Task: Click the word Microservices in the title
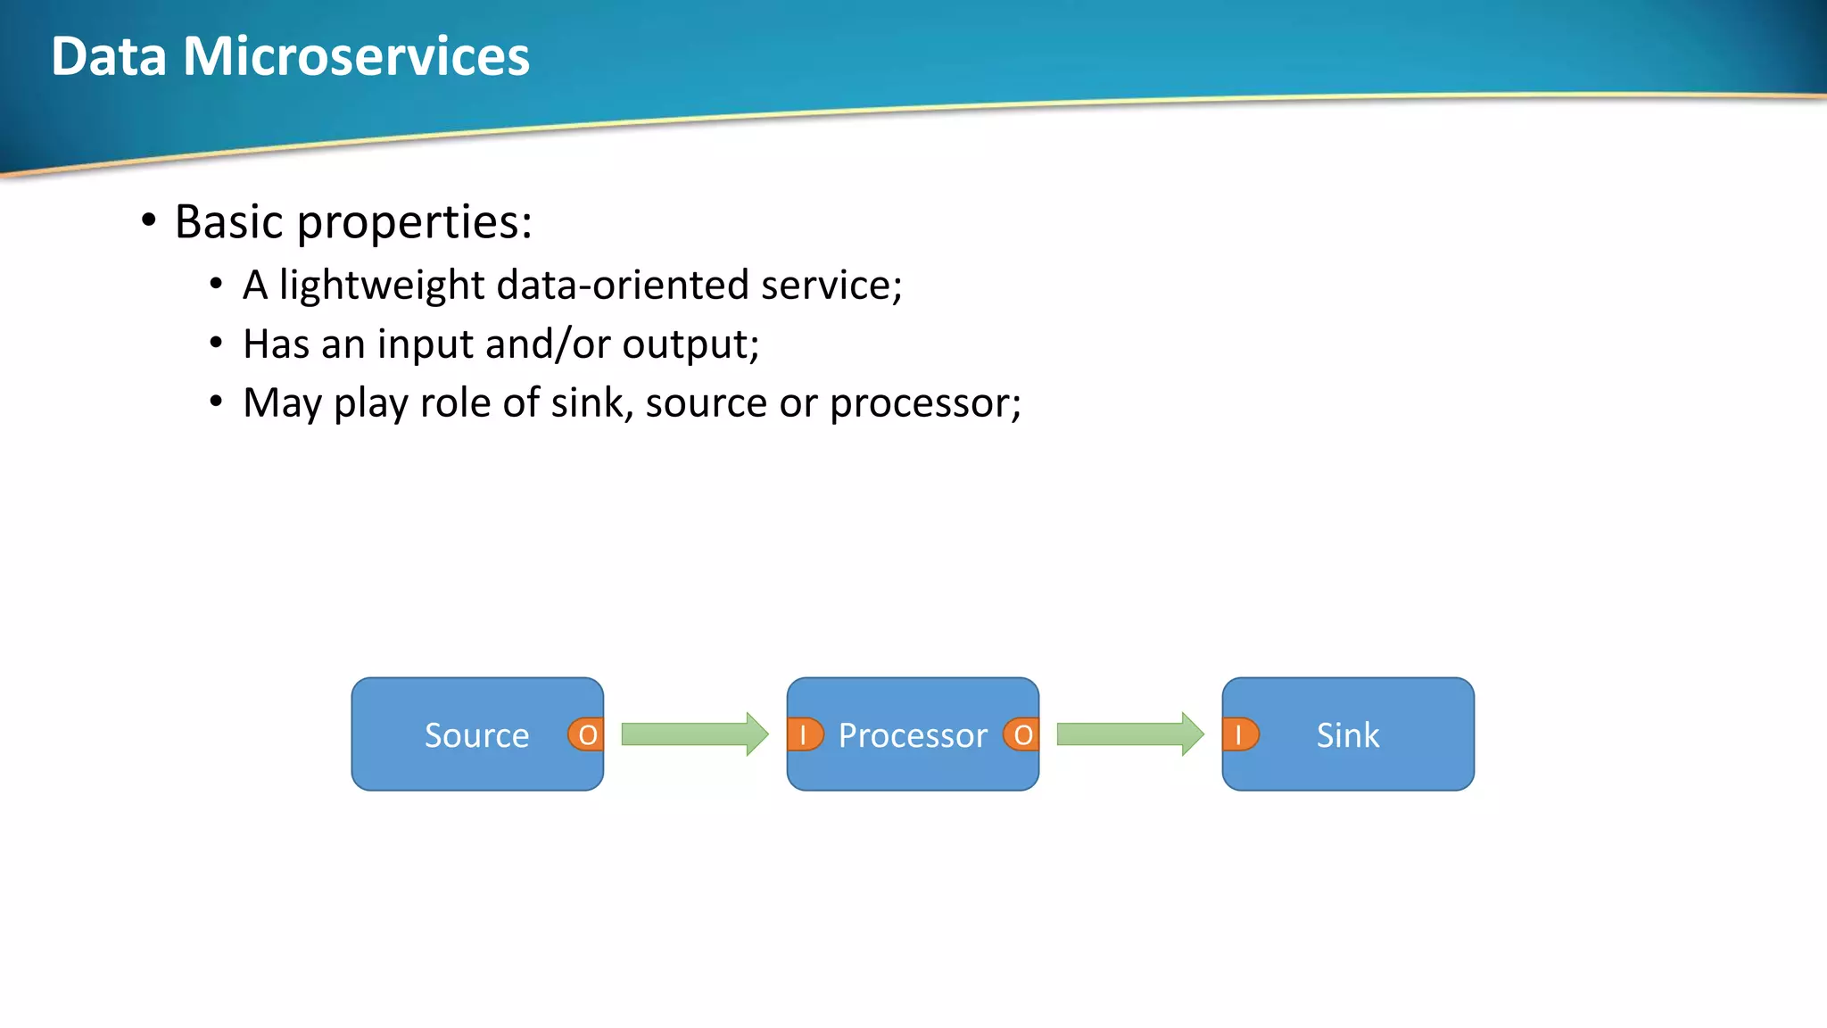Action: (356, 56)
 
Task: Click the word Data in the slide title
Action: (109, 56)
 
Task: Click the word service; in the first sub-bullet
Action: (831, 286)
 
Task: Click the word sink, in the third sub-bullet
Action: (591, 402)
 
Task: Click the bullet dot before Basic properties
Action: (149, 220)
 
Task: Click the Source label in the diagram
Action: (476, 735)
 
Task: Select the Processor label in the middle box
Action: (913, 735)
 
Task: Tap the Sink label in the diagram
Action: (1347, 735)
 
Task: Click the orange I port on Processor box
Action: (804, 734)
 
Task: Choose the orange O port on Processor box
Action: (1022, 734)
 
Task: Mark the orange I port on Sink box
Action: (1239, 734)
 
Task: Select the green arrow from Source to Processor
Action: (694, 734)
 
